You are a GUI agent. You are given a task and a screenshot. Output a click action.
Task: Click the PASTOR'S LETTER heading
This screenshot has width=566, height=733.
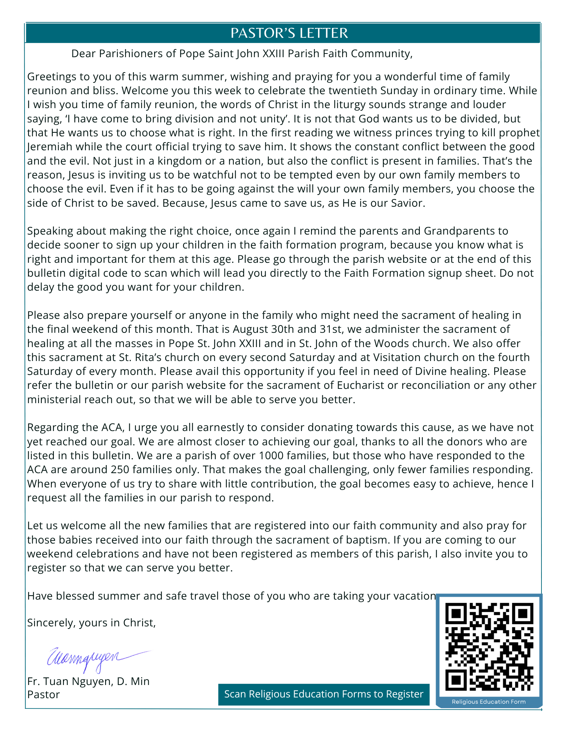tap(289, 33)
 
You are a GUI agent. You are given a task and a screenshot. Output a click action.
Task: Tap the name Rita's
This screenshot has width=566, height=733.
tap(187, 357)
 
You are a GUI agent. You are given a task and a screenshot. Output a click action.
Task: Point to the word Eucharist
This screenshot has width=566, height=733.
tap(360, 385)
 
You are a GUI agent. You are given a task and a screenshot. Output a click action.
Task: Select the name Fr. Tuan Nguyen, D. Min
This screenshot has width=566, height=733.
tap(88, 681)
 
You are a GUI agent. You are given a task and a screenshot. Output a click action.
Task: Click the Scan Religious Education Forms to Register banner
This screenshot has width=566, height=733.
tap(323, 694)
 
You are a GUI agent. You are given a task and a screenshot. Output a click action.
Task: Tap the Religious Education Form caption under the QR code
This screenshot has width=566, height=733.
tap(488, 702)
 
